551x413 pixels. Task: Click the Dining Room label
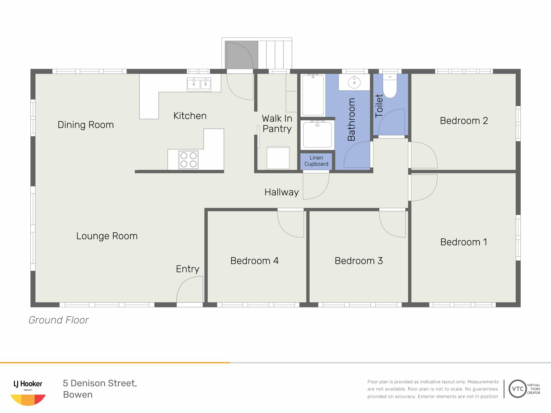(x=86, y=125)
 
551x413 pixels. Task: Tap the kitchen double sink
(x=199, y=84)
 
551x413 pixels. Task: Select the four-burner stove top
(x=189, y=160)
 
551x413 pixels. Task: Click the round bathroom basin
(x=354, y=83)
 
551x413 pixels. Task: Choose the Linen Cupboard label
(x=316, y=161)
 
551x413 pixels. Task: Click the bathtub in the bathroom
(x=313, y=95)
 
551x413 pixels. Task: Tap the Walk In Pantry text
(x=277, y=124)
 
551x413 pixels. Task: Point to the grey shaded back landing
(x=241, y=55)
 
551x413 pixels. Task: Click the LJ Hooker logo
(x=28, y=387)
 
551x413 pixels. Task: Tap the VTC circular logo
(x=518, y=389)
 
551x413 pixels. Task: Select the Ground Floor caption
(x=59, y=320)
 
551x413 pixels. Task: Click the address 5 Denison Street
(x=100, y=383)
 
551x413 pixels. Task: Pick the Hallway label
(x=282, y=192)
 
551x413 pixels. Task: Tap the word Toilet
(x=379, y=106)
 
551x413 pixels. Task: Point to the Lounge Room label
(x=107, y=236)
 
